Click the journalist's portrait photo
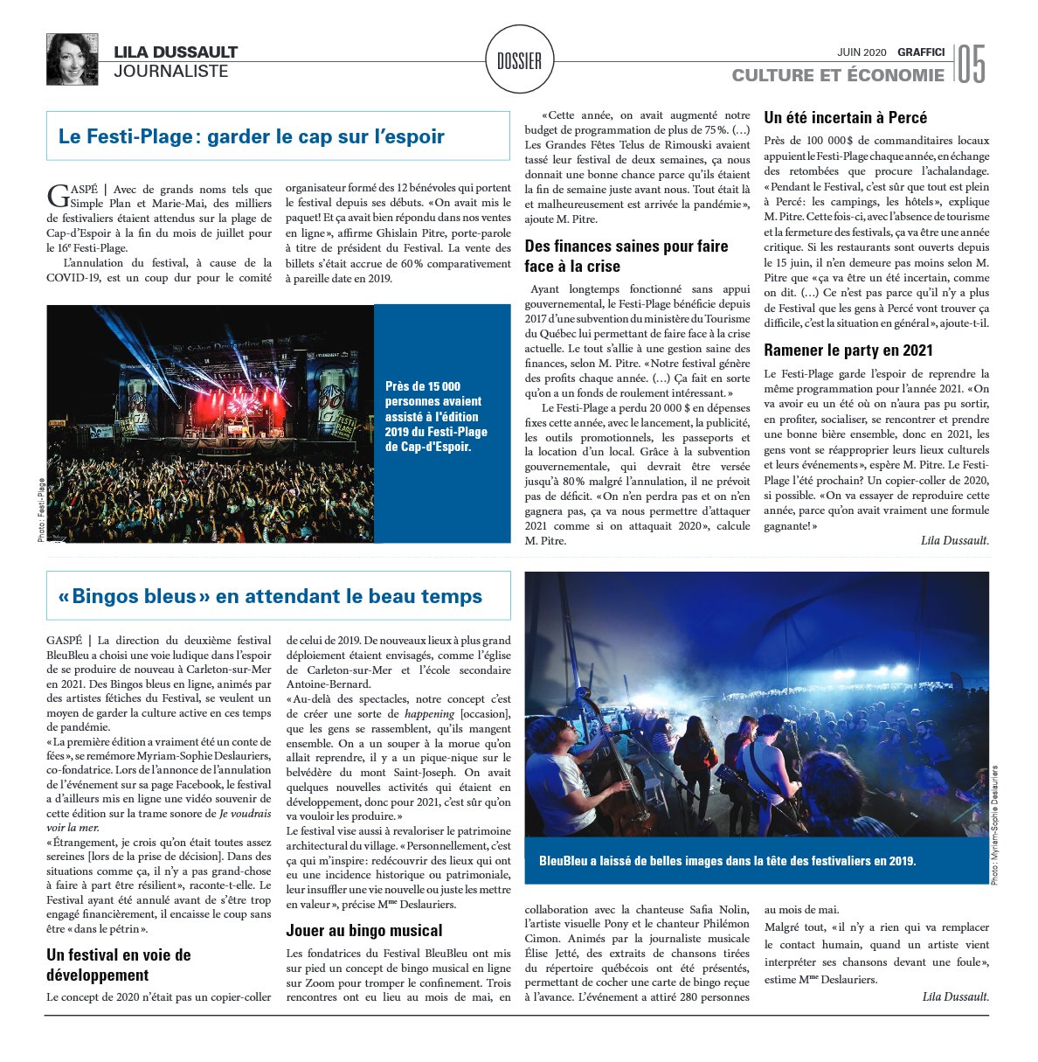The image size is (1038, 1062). click(x=72, y=59)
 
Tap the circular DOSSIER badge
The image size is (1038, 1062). click(x=519, y=60)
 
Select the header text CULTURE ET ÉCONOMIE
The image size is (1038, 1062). click(x=837, y=75)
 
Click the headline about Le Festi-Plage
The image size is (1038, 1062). click(x=252, y=136)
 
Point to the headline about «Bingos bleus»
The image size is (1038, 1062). click(x=270, y=596)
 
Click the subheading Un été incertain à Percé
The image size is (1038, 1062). click(x=845, y=118)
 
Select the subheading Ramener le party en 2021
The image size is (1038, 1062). click(x=848, y=351)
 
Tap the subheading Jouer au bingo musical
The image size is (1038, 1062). click(x=364, y=930)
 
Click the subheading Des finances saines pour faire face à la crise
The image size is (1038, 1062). click(x=626, y=256)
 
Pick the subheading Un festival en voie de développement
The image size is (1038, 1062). click(x=119, y=964)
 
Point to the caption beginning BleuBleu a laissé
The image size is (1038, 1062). click(x=727, y=861)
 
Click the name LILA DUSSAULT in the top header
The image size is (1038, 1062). click(x=176, y=52)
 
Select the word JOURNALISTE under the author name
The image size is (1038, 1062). click(x=170, y=72)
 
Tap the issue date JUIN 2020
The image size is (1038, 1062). click(x=862, y=52)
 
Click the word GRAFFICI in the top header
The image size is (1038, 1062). click(x=921, y=52)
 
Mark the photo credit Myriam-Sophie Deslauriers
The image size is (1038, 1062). click(x=996, y=825)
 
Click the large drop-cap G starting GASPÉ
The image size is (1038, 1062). click(x=57, y=196)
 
